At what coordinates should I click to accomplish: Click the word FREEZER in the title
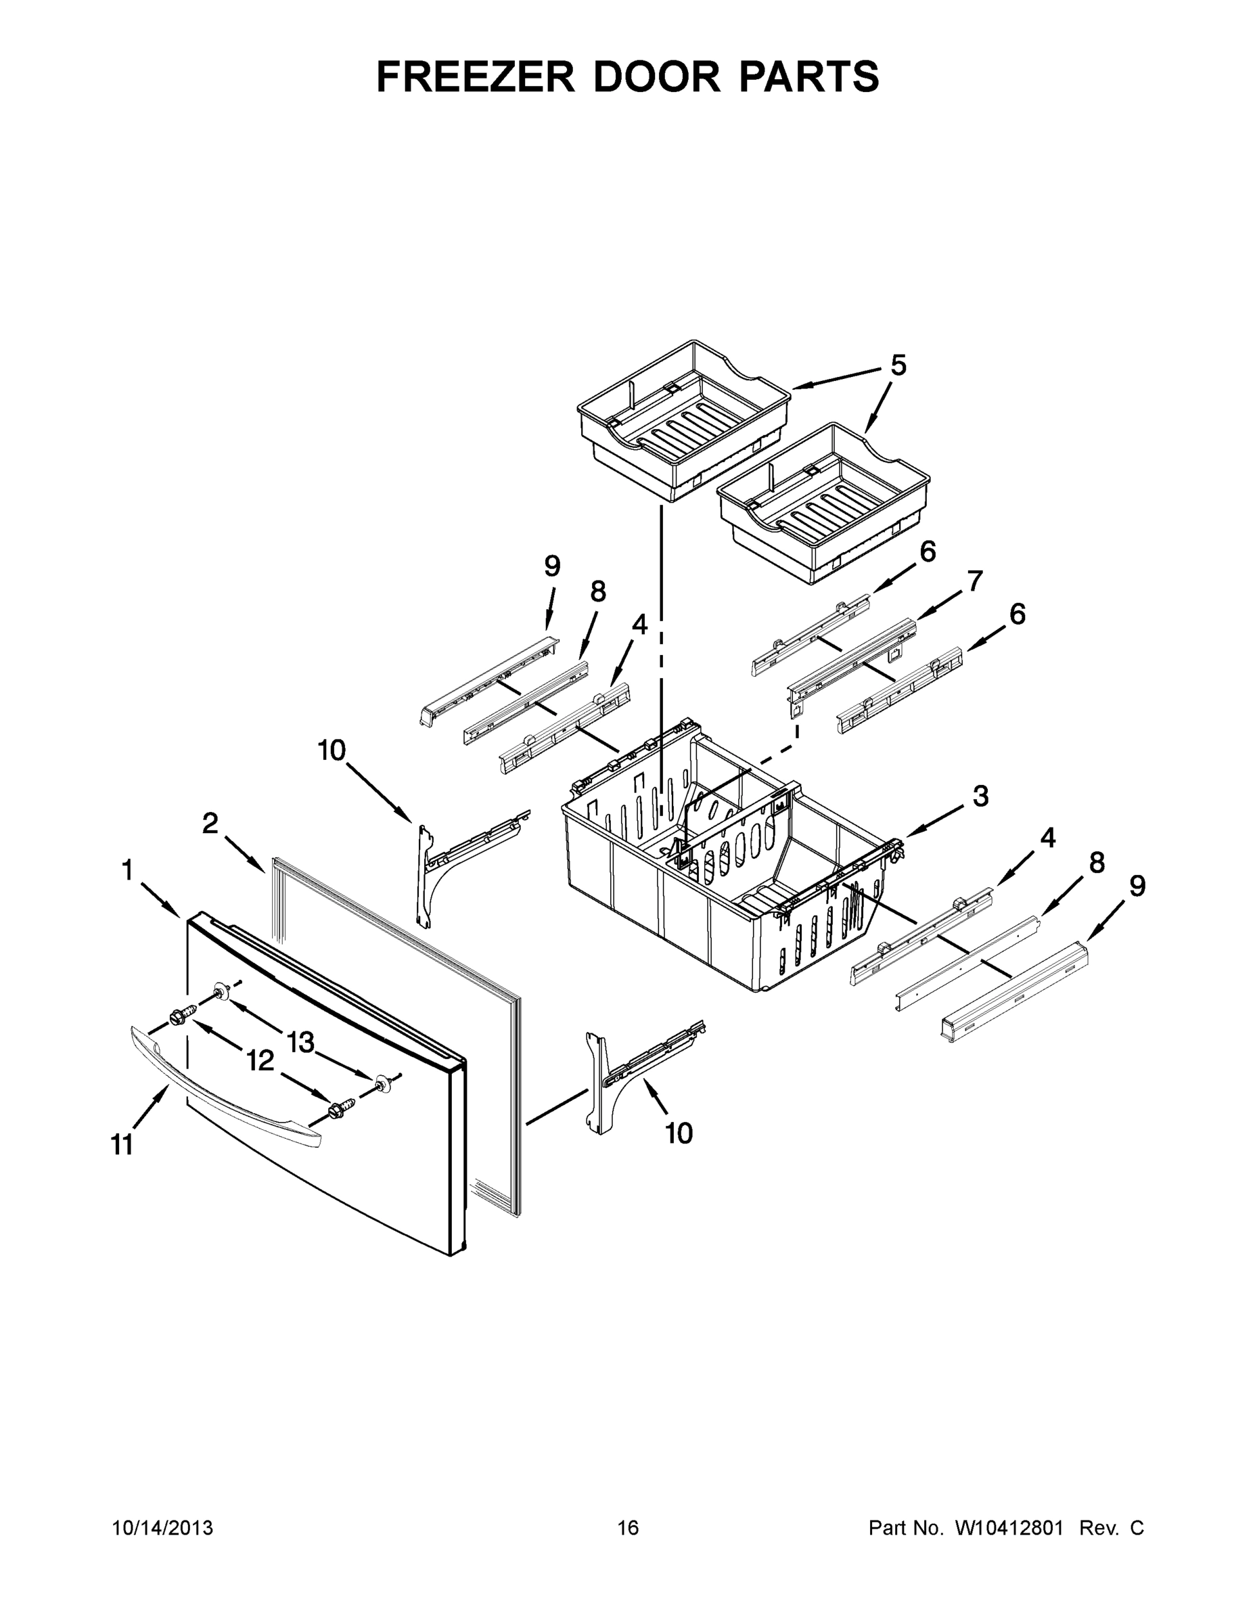(x=476, y=76)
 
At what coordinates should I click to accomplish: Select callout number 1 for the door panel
(x=127, y=870)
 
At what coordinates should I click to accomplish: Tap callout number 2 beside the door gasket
(x=210, y=823)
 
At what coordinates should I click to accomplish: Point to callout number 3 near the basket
(x=980, y=796)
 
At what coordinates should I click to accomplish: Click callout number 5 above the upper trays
(x=898, y=366)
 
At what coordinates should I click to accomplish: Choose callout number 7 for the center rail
(x=975, y=580)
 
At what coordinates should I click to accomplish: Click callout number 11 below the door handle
(x=122, y=1145)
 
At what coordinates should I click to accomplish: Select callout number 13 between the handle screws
(x=300, y=1043)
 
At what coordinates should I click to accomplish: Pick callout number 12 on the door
(x=260, y=1061)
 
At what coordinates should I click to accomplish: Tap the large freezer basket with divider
(x=714, y=878)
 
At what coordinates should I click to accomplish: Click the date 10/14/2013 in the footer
(x=162, y=1527)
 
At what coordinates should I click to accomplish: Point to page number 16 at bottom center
(x=629, y=1527)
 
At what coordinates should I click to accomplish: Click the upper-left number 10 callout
(x=332, y=750)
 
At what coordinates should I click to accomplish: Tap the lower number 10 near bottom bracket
(x=679, y=1133)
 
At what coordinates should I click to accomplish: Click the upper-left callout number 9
(x=551, y=566)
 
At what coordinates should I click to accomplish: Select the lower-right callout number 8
(x=1097, y=863)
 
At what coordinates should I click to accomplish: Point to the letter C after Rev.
(x=1136, y=1527)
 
